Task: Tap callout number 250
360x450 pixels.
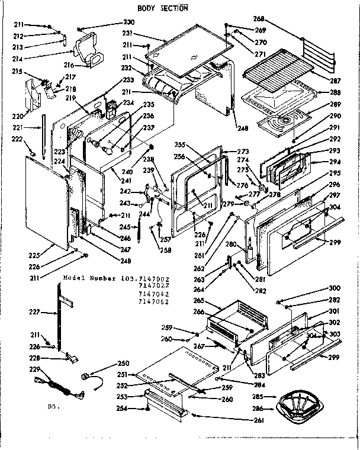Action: tap(123, 363)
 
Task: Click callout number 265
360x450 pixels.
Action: tap(199, 300)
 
